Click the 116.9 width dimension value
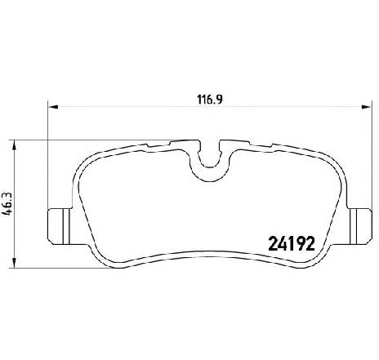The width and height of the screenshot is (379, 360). pyautogui.click(x=210, y=100)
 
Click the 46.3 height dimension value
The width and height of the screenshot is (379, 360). pyautogui.click(x=7, y=203)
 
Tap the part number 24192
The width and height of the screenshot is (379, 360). pyautogui.click(x=292, y=243)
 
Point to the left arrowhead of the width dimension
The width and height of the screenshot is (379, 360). pyautogui.click(x=53, y=107)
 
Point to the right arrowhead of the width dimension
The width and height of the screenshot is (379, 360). pyautogui.click(x=366, y=107)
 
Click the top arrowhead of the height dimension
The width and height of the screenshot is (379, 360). pyautogui.click(x=15, y=145)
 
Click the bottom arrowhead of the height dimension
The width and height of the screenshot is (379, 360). pyautogui.click(x=15, y=263)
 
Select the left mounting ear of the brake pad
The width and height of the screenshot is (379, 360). pyautogui.click(x=60, y=226)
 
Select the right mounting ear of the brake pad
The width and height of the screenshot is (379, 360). pyautogui.click(x=360, y=226)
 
